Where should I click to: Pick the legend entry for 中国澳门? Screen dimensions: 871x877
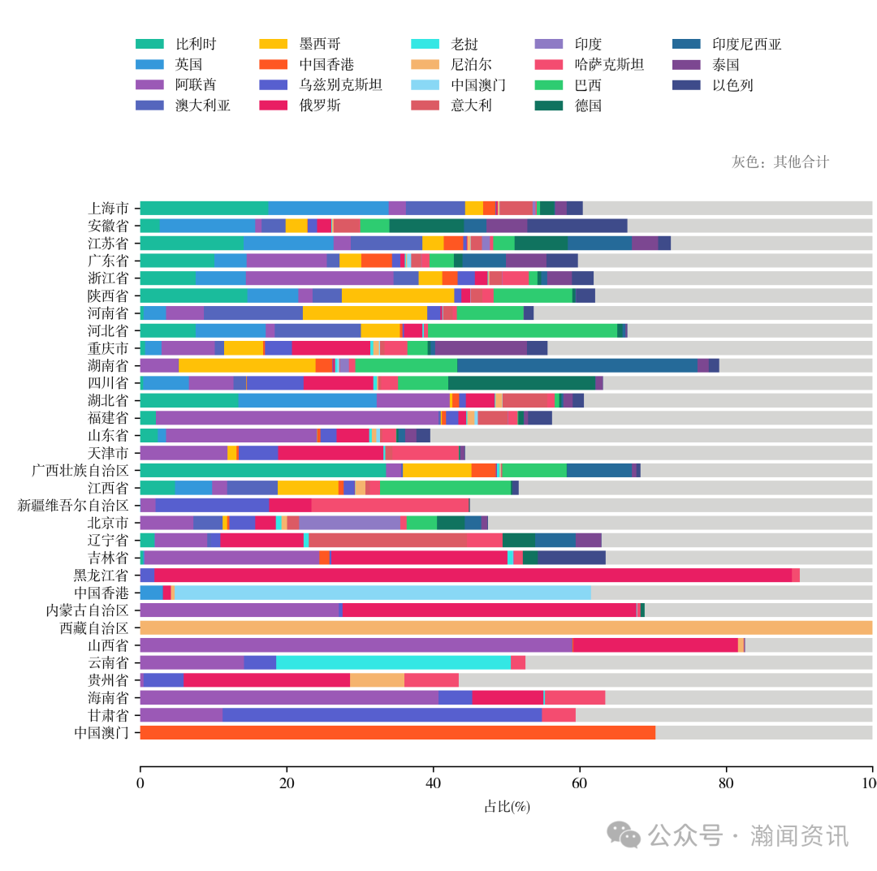(478, 84)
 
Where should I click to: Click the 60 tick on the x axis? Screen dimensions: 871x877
(580, 783)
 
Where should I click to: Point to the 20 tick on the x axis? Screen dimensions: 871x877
(287, 783)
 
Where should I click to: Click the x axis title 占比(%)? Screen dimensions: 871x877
(507, 806)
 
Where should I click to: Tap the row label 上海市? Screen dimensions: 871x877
(108, 208)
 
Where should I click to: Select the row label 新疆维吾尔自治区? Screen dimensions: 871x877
(73, 505)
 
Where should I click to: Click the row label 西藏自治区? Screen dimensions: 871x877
(94, 627)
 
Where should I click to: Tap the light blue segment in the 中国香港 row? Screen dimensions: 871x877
(382, 593)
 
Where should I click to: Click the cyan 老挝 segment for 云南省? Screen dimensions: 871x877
(393, 662)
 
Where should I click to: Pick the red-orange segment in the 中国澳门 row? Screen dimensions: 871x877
(397, 732)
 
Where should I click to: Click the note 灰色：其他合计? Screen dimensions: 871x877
(780, 162)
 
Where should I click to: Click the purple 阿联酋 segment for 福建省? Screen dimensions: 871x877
(297, 417)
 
